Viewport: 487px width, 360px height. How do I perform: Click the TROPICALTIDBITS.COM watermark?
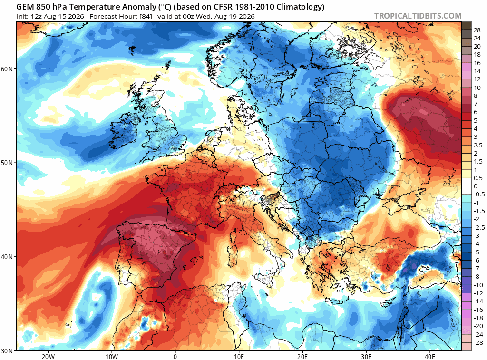click(418, 16)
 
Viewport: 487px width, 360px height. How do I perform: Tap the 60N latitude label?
click(7, 68)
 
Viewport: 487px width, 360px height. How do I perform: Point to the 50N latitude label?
click(7, 163)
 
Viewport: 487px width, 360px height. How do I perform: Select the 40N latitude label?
click(7, 257)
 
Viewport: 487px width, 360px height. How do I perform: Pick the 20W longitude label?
click(48, 357)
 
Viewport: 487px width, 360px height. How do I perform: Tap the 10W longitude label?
click(111, 357)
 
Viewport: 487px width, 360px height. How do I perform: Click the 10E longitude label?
click(239, 357)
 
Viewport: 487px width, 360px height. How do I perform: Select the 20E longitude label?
click(302, 357)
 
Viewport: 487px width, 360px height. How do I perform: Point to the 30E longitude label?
click(366, 357)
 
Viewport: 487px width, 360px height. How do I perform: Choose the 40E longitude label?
click(430, 357)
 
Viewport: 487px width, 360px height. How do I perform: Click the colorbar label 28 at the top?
click(477, 30)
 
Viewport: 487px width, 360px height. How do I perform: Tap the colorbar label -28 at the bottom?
click(478, 342)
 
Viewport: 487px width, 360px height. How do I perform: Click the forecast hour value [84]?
click(146, 17)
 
